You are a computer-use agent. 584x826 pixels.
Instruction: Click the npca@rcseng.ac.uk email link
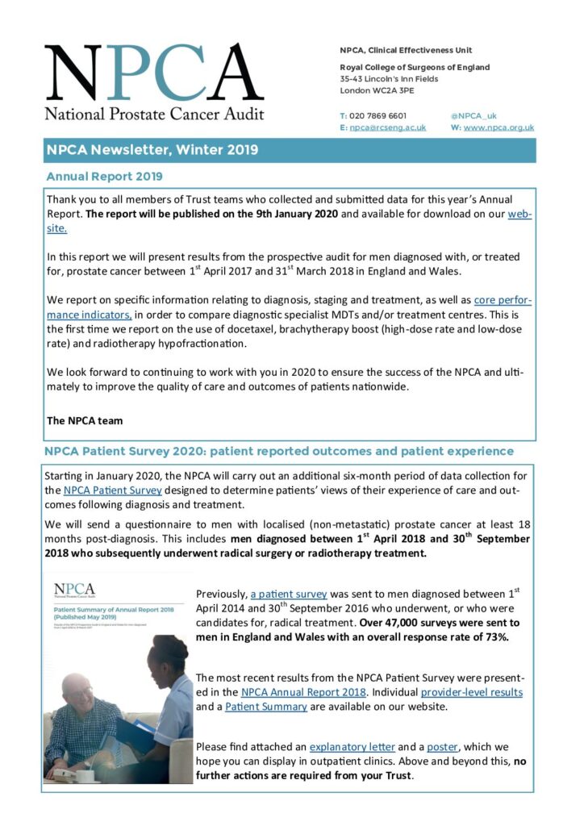tap(387, 127)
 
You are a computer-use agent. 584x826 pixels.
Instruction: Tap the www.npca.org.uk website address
tap(498, 127)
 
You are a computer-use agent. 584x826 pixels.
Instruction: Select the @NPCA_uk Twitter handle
tap(473, 115)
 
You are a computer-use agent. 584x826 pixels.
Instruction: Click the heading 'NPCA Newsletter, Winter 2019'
tap(152, 150)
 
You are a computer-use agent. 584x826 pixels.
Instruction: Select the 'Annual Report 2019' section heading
tap(105, 176)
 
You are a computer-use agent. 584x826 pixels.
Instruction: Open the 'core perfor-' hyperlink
tap(503, 300)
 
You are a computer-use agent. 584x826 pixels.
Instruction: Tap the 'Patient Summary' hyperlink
tap(266, 707)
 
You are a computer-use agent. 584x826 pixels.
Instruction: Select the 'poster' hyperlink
tap(442, 747)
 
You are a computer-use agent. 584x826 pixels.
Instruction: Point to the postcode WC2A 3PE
tap(401, 91)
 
